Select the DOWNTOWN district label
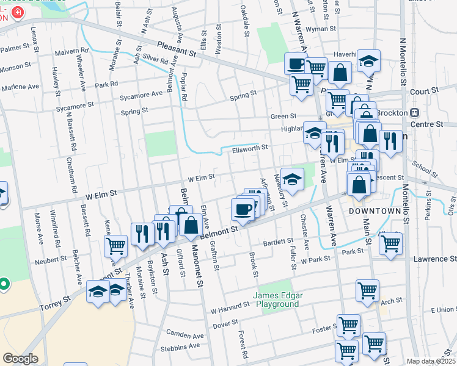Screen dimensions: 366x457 (375, 211)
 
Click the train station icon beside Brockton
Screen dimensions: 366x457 (415, 113)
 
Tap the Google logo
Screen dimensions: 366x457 (21, 359)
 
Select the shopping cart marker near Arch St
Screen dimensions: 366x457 (367, 290)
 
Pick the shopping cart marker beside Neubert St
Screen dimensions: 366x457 (115, 245)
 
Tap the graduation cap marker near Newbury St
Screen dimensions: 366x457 (292, 179)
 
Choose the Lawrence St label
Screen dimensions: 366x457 (434, 259)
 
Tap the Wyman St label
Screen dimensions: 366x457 (321, 29)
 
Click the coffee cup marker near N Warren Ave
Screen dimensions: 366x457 (296, 63)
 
